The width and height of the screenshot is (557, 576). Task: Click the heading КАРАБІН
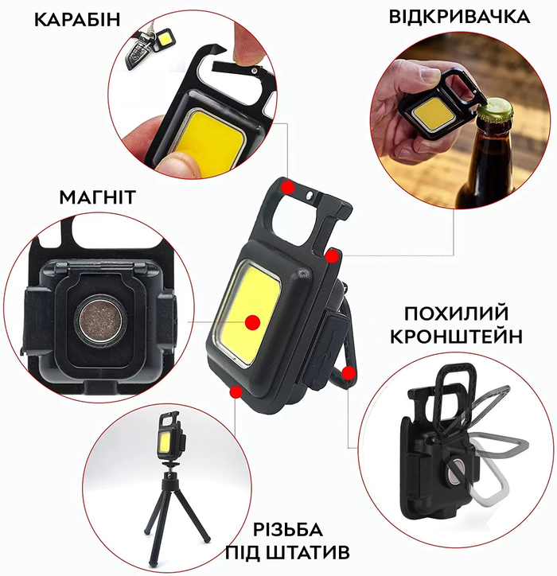click(77, 20)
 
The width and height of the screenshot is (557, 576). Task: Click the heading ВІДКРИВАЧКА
click(459, 17)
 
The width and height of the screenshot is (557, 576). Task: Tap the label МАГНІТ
click(98, 197)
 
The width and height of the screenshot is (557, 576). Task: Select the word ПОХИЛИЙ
click(457, 313)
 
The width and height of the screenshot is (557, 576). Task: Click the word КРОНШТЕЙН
click(456, 336)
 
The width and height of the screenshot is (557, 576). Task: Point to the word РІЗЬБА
click(288, 530)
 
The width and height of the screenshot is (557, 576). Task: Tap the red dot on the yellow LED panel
click(252, 322)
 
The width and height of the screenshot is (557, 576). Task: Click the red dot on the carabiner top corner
click(288, 188)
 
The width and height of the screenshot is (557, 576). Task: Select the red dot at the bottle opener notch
click(332, 257)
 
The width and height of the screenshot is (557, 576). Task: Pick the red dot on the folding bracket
click(349, 374)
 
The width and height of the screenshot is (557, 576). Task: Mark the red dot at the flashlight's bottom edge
click(236, 392)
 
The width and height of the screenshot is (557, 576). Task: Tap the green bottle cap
click(495, 111)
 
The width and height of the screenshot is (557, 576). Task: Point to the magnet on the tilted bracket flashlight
click(456, 472)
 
